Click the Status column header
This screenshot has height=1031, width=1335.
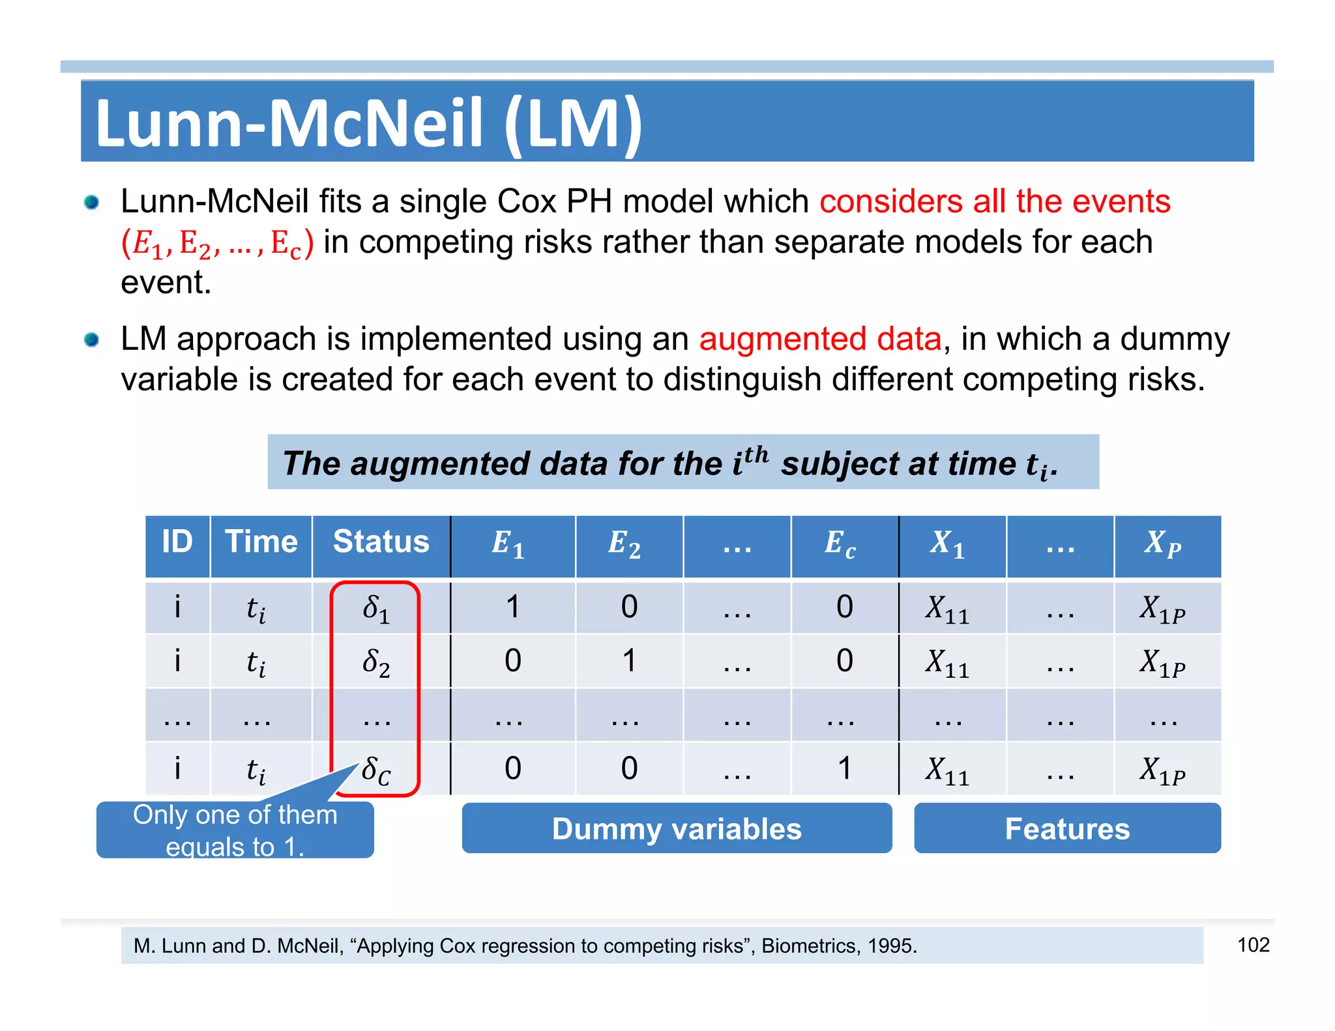tap(381, 542)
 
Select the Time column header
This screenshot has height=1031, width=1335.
tap(261, 542)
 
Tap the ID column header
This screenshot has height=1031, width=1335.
tap(177, 542)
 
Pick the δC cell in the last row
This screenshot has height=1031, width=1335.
tap(377, 771)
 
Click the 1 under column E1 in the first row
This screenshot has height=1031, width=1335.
tap(513, 607)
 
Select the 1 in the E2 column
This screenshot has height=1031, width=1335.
tap(629, 661)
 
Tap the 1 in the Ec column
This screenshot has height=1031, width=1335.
tap(844, 769)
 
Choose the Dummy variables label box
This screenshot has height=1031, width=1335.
tap(677, 829)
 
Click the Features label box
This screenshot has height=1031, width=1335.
tap(1067, 829)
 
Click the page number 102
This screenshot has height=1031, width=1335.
tap(1253, 945)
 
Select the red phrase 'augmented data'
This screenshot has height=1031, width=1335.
tap(820, 340)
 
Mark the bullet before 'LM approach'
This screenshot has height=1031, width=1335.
tap(92, 340)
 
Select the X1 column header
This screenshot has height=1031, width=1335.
tap(948, 544)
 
